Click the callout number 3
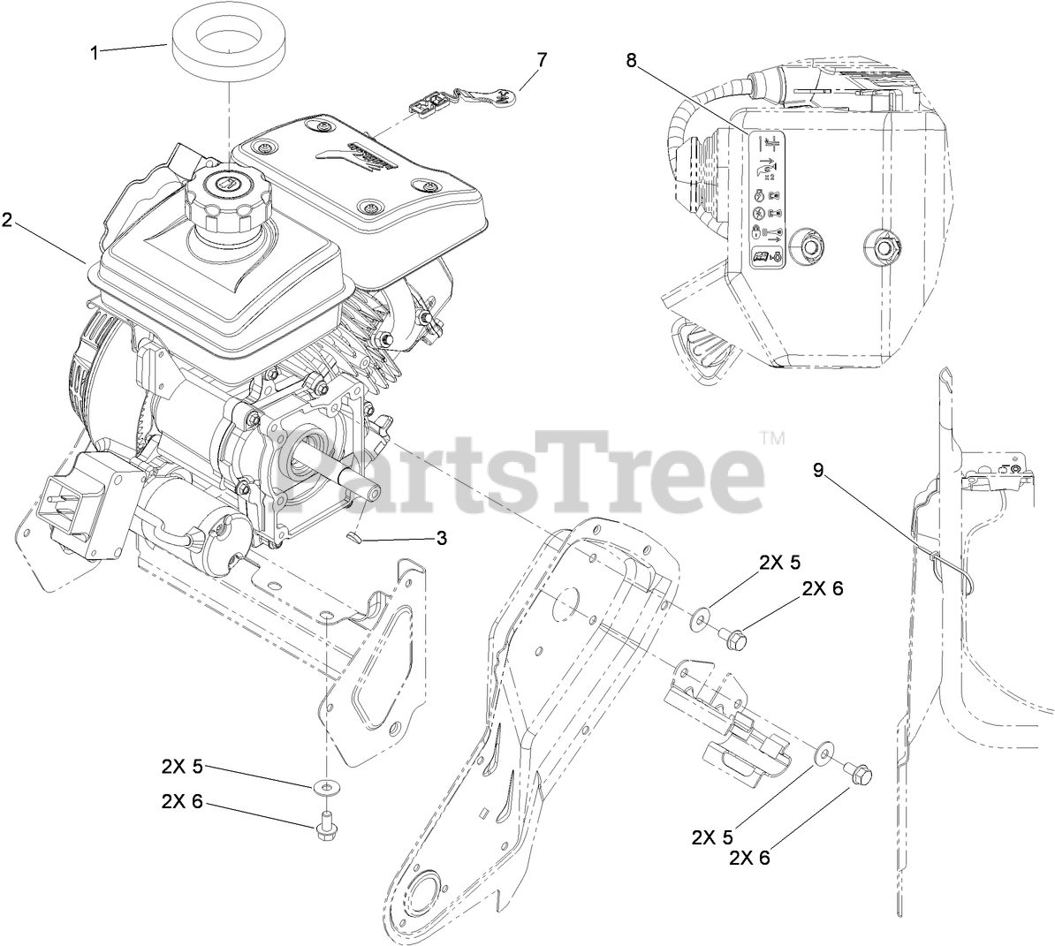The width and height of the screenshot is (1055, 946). [x=442, y=537]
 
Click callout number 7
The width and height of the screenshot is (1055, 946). [x=542, y=60]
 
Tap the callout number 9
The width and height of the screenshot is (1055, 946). [x=818, y=471]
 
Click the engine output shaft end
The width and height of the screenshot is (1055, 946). [x=373, y=492]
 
